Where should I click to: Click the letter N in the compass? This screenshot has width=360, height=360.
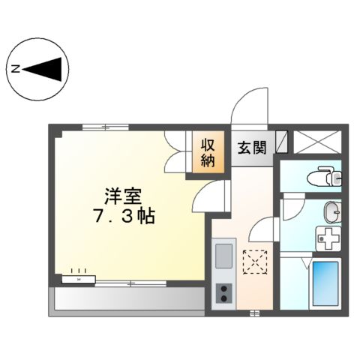[x=15, y=70]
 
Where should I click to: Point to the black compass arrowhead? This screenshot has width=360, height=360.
[x=46, y=70]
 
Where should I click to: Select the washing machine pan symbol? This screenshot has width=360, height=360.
[x=328, y=239]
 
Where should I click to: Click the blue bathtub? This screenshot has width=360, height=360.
[x=325, y=284]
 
